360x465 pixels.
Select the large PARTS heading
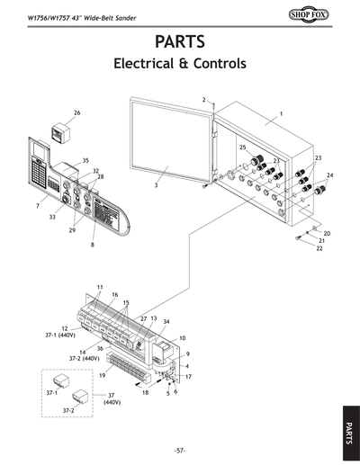pos(180,41)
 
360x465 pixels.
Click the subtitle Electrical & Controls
pos(180,65)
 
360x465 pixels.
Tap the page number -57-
pos(180,449)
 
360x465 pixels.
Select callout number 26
pos(76,112)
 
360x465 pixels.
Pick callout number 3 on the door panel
pos(155,185)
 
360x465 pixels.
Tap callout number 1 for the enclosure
pos(281,114)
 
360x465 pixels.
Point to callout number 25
pos(242,147)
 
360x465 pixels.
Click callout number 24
pos(329,175)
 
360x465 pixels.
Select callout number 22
pos(318,248)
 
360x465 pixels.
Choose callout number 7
pos(37,207)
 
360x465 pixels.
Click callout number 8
pos(92,245)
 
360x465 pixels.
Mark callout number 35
pos(85,160)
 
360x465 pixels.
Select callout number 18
pos(145,393)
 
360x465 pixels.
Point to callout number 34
pos(166,321)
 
